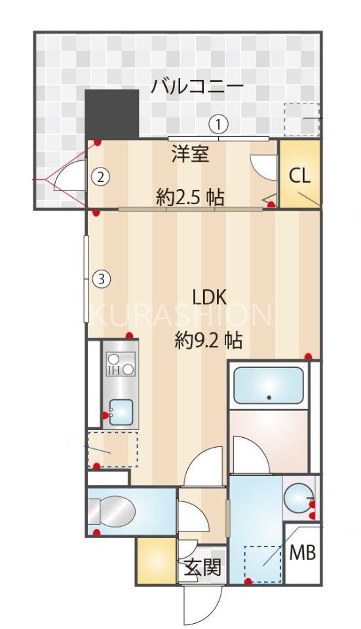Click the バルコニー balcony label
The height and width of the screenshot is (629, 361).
coord(197,86)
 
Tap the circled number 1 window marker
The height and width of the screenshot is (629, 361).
coord(218,123)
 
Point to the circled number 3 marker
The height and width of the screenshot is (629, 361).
coord(100,279)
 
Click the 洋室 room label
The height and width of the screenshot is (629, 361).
coord(190,155)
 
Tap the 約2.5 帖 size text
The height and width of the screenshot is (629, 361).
coord(190,196)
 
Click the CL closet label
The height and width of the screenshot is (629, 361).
coord(300,175)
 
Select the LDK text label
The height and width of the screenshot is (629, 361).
coord(208,298)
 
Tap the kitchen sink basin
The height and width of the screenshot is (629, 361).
coord(121,413)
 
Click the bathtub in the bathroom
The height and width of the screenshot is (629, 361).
coord(269,386)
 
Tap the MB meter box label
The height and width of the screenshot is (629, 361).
coord(303,553)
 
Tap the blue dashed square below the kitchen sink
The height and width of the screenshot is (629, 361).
coord(113,449)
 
